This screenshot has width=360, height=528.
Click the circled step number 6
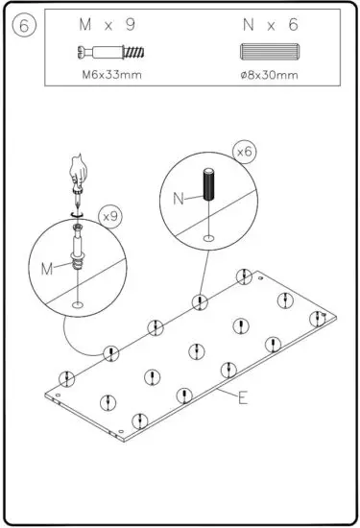pos(23,27)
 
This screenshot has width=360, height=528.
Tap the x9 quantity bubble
pos(108,216)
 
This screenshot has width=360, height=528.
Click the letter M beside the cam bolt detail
pos(45,269)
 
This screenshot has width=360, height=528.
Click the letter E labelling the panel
pos(242,396)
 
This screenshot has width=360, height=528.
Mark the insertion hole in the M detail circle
pos(75,305)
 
